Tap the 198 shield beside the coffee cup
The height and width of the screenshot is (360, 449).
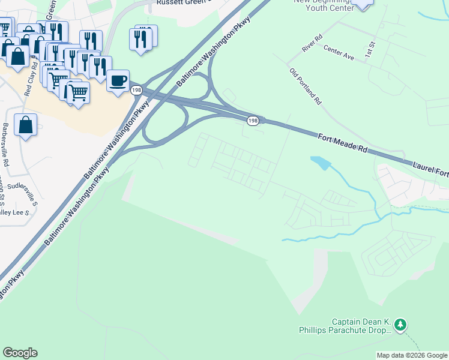[136, 90]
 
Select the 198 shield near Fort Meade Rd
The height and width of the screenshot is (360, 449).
[253, 121]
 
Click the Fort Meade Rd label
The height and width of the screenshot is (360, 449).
[342, 143]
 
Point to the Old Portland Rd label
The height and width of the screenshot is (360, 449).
[306, 87]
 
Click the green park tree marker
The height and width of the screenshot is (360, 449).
[400, 325]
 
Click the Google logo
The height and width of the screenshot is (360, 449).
[20, 352]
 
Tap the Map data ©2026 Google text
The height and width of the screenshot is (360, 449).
[411, 355]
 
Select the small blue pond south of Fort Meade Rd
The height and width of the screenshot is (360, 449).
[321, 162]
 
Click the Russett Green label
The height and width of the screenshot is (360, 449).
[181, 2]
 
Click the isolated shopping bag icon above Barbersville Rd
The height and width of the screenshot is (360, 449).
[25, 125]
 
